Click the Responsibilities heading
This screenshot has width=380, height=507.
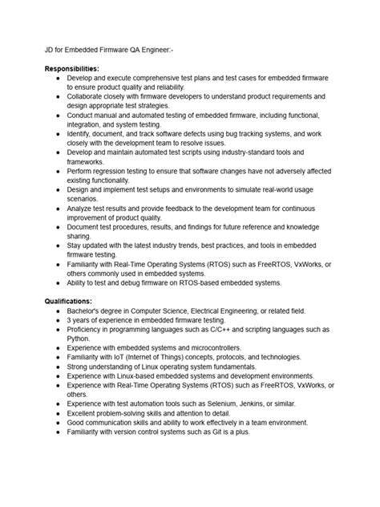pos(72,70)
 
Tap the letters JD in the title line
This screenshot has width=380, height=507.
pos(49,51)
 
